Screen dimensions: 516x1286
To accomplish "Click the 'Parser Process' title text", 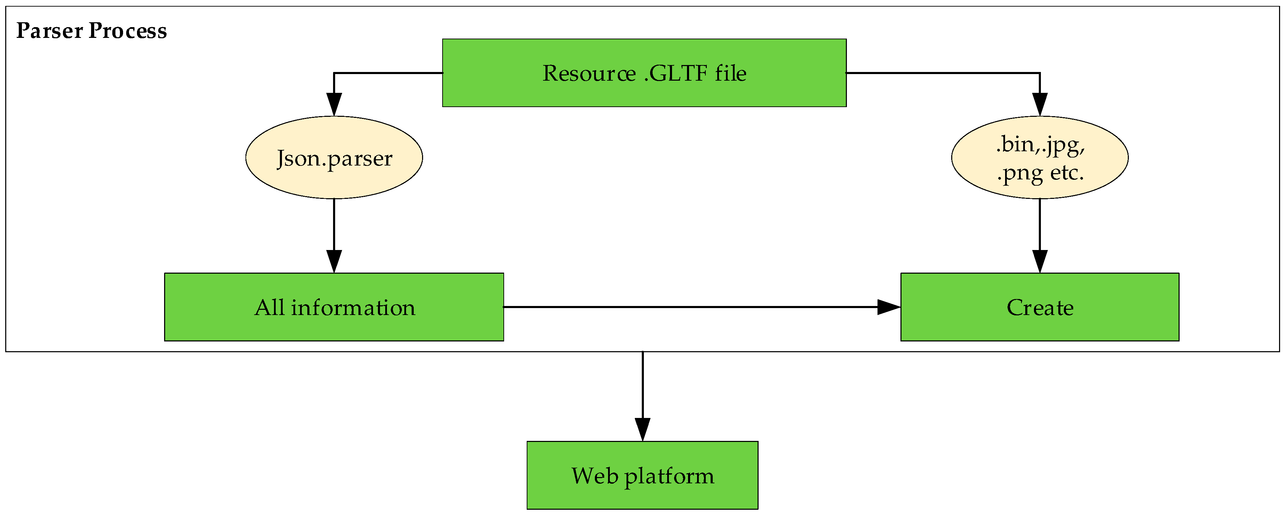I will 91,31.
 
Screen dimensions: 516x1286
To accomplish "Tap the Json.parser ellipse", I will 334,158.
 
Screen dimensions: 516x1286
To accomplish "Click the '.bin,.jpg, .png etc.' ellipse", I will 1040,158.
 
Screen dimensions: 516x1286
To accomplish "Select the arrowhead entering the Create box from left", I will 889,307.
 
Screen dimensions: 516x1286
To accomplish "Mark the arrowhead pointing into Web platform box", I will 642,429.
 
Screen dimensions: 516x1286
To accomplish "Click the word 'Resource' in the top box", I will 589,73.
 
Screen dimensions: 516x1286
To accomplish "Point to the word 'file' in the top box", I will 730,73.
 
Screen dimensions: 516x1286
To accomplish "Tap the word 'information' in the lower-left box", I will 353,308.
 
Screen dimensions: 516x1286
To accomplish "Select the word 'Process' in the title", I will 128,31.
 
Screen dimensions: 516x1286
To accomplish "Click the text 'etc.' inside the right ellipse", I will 1067,173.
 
